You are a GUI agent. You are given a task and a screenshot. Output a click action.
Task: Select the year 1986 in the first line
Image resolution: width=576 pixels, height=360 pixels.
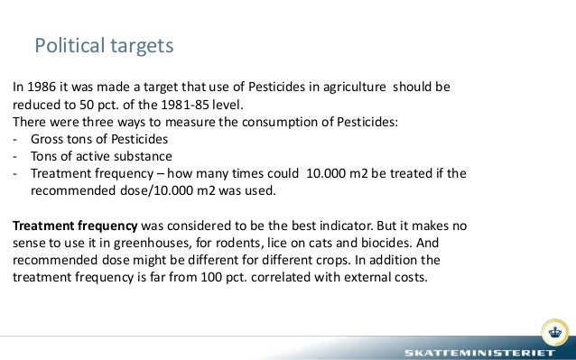[42, 89]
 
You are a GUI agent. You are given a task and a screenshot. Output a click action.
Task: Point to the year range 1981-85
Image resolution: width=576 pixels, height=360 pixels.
[214, 106]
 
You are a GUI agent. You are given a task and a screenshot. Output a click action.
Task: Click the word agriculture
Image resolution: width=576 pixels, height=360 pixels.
[345, 89]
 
